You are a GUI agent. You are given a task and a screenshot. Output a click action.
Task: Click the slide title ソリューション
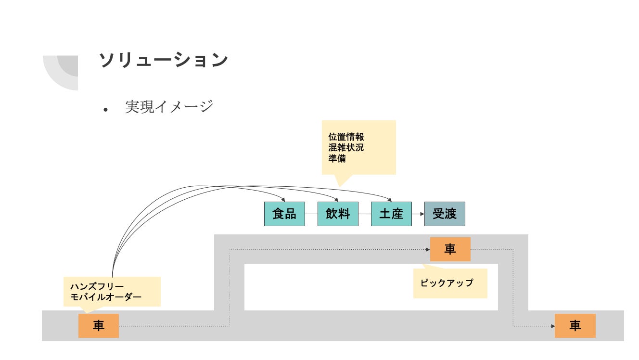[163, 60]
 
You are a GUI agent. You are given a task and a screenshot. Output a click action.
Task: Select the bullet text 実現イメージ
[168, 106]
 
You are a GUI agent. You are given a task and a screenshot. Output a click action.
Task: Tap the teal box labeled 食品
[284, 214]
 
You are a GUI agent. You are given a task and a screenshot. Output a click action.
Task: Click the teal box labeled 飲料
[338, 214]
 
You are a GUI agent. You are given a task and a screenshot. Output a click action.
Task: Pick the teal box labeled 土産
[391, 214]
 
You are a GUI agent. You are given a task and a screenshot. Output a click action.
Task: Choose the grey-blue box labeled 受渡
[445, 214]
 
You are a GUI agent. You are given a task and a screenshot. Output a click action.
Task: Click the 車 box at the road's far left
[99, 326]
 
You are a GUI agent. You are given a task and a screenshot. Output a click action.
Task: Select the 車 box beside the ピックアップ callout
[450, 249]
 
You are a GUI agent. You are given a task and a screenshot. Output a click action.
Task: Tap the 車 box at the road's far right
[575, 326]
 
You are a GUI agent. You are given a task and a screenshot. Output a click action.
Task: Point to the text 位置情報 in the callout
[346, 137]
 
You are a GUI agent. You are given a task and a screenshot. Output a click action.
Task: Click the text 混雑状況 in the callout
[346, 148]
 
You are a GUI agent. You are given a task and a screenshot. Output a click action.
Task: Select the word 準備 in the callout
[337, 158]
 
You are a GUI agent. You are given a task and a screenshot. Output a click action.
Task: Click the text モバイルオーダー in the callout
[106, 297]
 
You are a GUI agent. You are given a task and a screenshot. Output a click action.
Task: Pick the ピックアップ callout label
[447, 283]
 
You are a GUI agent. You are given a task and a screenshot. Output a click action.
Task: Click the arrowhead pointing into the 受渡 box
[422, 214]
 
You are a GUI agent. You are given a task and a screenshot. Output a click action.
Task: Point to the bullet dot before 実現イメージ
[106, 110]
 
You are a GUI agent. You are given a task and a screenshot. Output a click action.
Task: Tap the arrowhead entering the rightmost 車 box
[552, 326]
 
